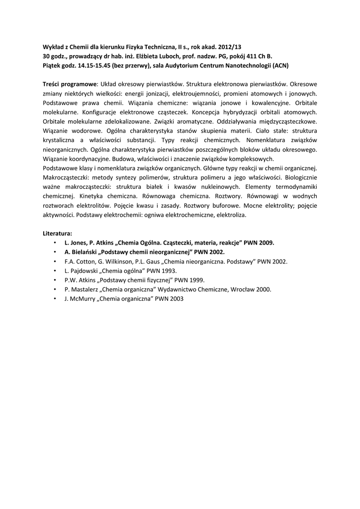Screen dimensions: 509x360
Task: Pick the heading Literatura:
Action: pyautogui.click(x=58, y=233)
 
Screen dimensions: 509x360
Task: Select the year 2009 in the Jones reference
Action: pyautogui.click(x=266, y=243)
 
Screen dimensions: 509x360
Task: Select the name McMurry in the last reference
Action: pyautogui.click(x=81, y=299)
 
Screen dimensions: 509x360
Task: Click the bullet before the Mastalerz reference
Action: pyautogui.click(x=54, y=289)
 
